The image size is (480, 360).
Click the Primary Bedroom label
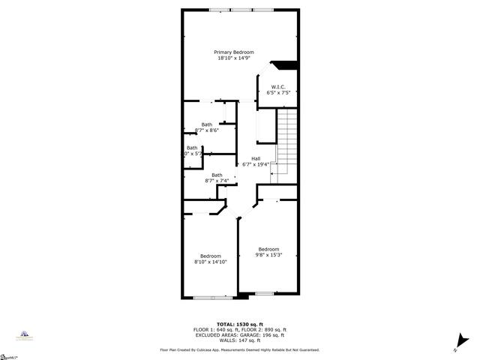click(x=233, y=52)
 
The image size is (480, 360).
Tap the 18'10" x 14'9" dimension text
click(x=233, y=58)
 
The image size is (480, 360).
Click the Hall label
click(x=255, y=158)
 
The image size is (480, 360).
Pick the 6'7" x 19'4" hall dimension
click(x=255, y=164)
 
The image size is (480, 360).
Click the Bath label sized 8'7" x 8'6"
click(x=206, y=124)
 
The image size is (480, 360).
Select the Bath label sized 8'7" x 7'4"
click(x=216, y=175)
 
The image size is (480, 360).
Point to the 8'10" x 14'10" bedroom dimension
click(x=211, y=262)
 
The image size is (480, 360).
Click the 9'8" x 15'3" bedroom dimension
click(x=268, y=255)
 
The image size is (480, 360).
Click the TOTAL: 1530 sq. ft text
click(x=239, y=324)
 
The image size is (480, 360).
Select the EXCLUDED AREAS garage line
click(x=239, y=334)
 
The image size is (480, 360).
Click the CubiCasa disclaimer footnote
click(x=239, y=349)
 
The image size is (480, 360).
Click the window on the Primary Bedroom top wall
click(x=241, y=10)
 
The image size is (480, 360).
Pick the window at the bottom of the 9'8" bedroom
click(x=264, y=293)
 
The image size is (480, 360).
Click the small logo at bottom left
click(x=24, y=335)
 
